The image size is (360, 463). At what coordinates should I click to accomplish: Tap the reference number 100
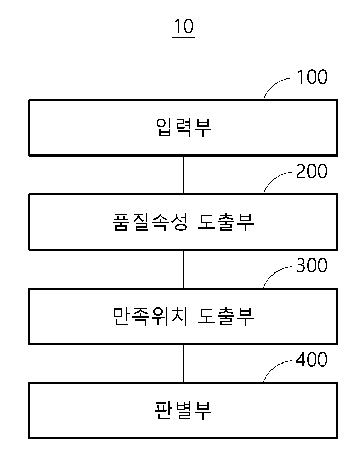tap(312, 77)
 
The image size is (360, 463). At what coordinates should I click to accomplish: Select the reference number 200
tap(312, 171)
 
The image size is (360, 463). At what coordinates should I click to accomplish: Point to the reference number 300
tap(312, 265)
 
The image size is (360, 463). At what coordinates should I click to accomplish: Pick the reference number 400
tap(311, 359)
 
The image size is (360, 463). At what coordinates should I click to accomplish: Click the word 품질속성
tap(150, 222)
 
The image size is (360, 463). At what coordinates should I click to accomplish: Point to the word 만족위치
tap(150, 316)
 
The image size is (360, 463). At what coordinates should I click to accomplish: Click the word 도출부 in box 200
tap(226, 222)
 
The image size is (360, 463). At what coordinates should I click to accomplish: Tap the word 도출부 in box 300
tap(226, 316)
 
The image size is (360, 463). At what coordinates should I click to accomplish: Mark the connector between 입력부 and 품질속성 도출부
tap(183, 175)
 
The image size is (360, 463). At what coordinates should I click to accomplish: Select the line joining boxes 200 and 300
tap(183, 269)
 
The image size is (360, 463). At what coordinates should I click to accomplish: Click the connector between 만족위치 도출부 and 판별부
tap(183, 363)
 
